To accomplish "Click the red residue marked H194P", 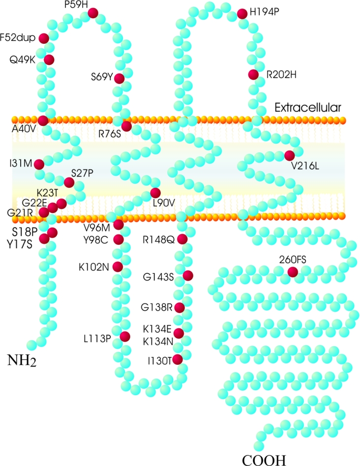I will [x=242, y=14].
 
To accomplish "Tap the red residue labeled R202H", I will [x=253, y=75].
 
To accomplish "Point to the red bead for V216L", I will [x=290, y=156].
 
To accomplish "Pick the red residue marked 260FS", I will [x=293, y=272].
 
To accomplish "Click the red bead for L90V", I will [x=155, y=193].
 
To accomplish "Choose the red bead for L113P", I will [x=124, y=337].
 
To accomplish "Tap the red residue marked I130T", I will [x=178, y=359].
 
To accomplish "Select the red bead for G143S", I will [x=187, y=276].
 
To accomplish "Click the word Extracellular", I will [x=308, y=107].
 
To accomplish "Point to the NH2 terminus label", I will [x=22, y=361].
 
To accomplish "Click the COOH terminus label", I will [x=264, y=460].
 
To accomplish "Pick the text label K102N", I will [x=93, y=267].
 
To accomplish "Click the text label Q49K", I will [x=24, y=60].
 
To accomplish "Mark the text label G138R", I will [x=155, y=308].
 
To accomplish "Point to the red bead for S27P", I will [x=69, y=183].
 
